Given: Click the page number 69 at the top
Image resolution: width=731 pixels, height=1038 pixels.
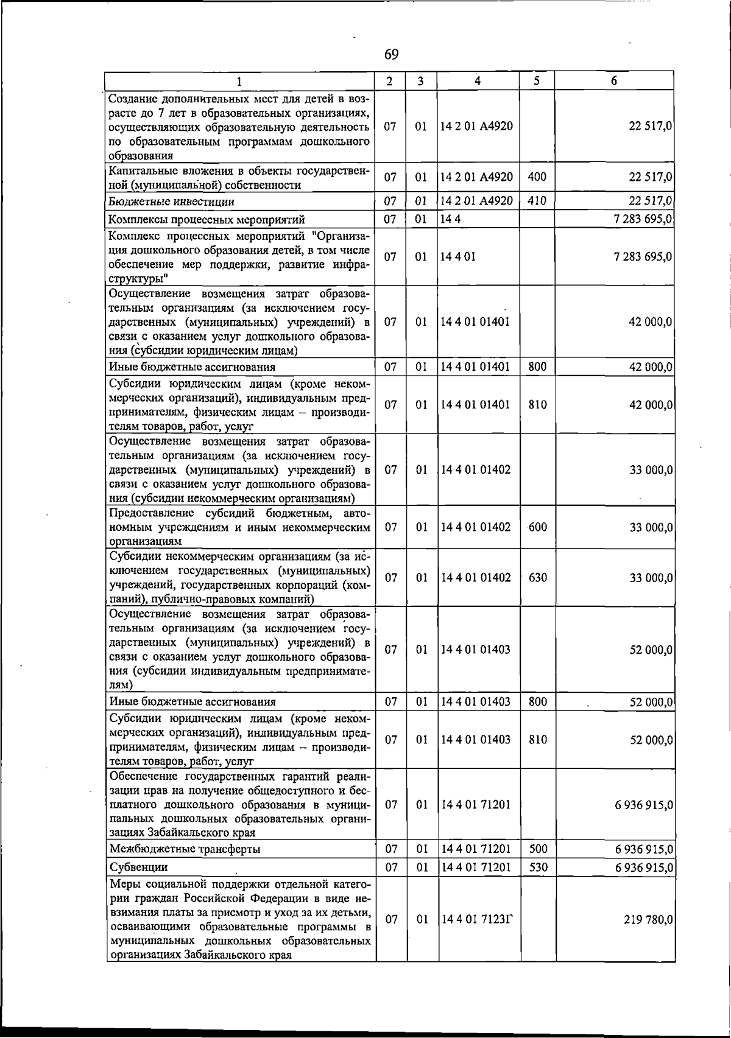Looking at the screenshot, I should [x=392, y=55].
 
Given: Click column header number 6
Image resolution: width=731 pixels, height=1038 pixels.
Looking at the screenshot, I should [x=614, y=80].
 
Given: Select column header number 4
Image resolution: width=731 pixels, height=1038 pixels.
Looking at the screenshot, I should [x=478, y=80].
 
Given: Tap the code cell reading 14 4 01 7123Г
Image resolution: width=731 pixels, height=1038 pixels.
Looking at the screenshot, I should [x=477, y=919].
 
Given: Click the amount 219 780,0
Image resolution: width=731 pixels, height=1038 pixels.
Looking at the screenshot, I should [x=648, y=919].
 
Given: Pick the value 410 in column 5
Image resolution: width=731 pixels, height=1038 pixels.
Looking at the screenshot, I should [x=537, y=200].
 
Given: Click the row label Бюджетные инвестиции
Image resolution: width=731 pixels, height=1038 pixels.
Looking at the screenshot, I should [x=172, y=202].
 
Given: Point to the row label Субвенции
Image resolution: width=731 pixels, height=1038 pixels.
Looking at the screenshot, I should [x=138, y=867].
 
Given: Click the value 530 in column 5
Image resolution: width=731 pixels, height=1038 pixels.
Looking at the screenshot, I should [x=538, y=867].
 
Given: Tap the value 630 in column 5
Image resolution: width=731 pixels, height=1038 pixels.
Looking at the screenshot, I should [x=537, y=577].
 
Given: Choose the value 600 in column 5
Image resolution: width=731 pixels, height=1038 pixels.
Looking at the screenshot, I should [x=537, y=527].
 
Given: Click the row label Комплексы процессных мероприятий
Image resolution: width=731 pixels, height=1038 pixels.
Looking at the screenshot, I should [x=207, y=220].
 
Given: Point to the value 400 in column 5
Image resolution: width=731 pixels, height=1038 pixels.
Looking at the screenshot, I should [x=537, y=177].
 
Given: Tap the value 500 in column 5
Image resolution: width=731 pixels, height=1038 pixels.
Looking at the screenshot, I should [x=538, y=849].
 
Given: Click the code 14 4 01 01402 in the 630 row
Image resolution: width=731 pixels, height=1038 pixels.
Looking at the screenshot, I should [x=476, y=577].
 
